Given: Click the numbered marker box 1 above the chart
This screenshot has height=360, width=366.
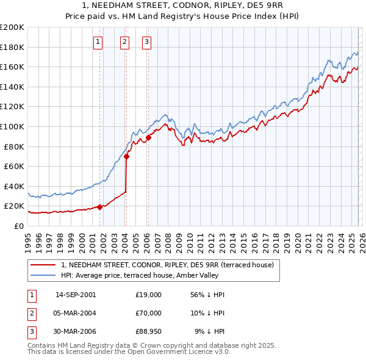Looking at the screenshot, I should (98, 42).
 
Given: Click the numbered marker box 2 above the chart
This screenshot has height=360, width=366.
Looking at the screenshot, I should (124, 42).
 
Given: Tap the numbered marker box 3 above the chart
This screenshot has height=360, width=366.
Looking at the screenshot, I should (147, 42).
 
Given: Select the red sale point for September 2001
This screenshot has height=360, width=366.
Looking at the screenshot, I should (99, 207).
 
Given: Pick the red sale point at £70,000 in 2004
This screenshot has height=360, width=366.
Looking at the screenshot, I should (126, 156).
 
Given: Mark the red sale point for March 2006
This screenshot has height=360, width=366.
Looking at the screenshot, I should (148, 138).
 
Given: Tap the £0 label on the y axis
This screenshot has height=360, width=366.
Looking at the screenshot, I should (18, 226).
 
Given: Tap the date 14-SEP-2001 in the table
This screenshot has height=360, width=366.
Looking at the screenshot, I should (75, 295).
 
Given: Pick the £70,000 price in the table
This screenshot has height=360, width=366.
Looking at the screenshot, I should (148, 313).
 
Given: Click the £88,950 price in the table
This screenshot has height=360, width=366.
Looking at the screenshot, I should (148, 331).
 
